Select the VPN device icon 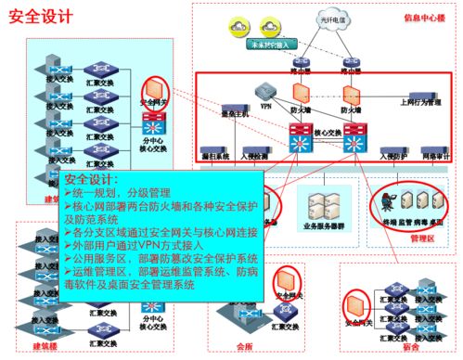[x=266, y=94]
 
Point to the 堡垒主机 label [x=213, y=114]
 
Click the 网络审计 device [x=432, y=148]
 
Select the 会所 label [x=244, y=346]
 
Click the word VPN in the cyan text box [x=148, y=248]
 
